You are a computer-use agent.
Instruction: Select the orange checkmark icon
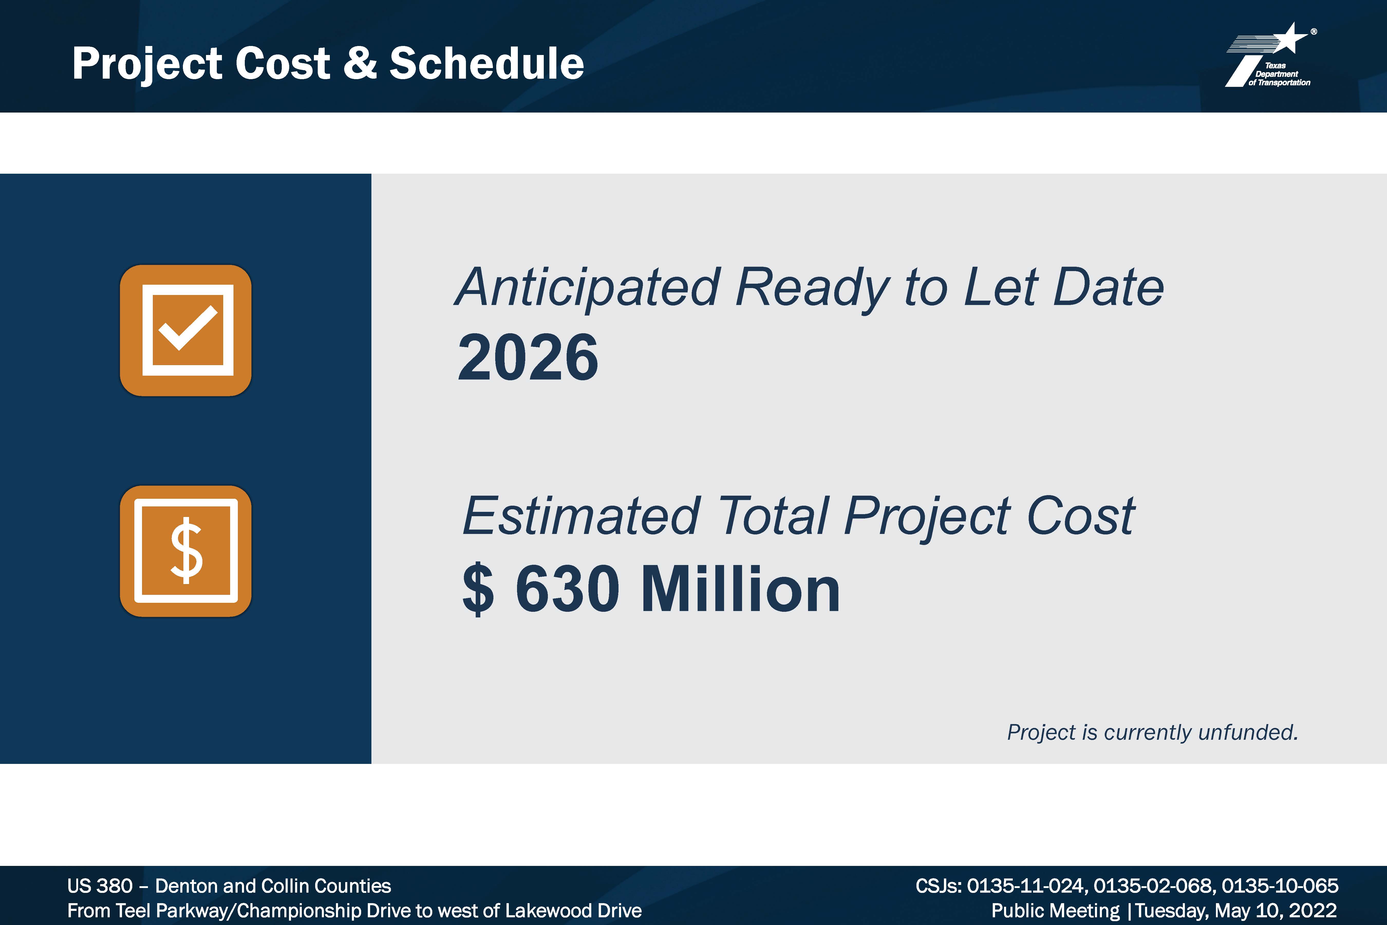(x=186, y=330)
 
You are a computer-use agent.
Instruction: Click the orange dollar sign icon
(x=186, y=551)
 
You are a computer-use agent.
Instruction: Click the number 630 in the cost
(x=567, y=589)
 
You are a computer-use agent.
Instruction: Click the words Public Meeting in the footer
(x=1056, y=911)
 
